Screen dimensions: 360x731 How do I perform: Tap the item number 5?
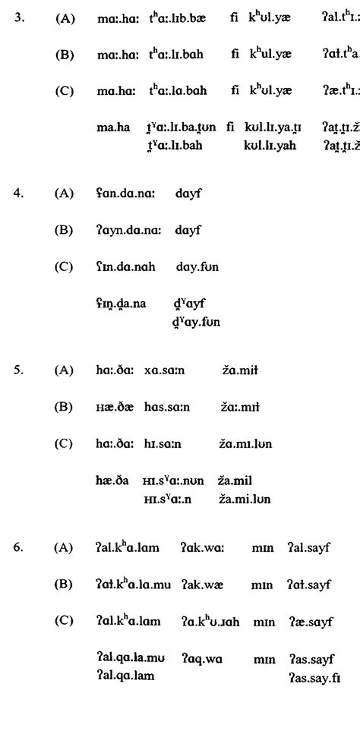[21, 370]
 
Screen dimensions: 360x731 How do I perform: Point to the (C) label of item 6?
[64, 620]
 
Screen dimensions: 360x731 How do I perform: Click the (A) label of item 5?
[64, 370]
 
